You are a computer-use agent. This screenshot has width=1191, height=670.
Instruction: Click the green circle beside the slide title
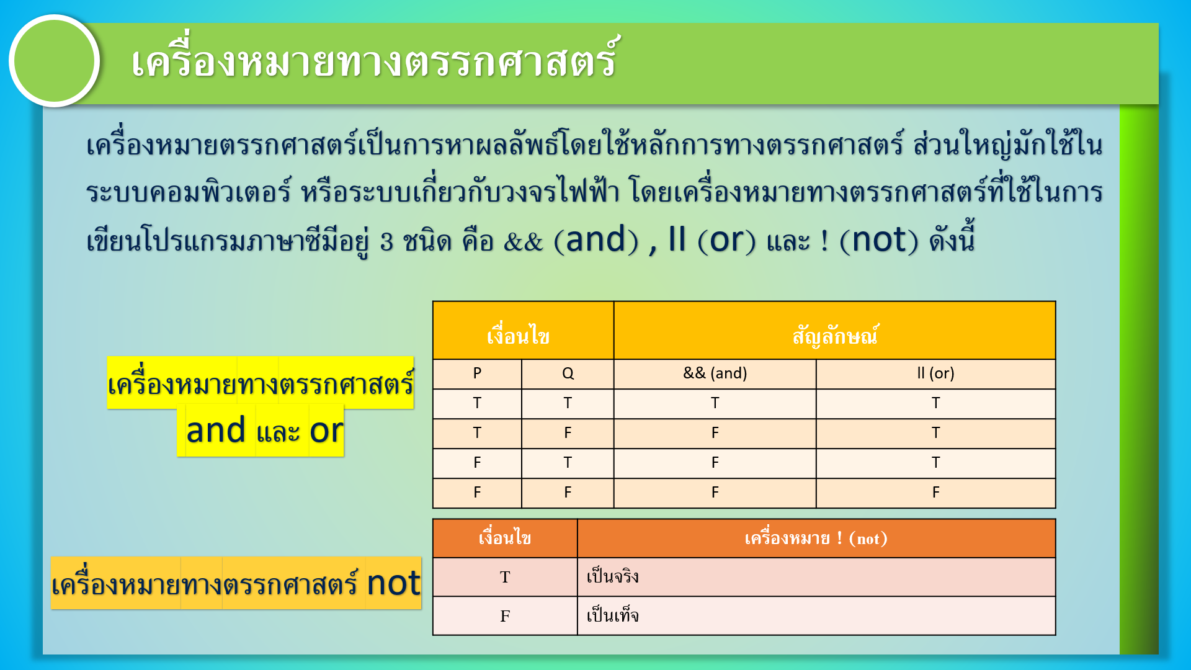[55, 61]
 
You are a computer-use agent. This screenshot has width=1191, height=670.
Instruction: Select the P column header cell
[477, 373]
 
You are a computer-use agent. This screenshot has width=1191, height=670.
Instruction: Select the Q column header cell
[568, 373]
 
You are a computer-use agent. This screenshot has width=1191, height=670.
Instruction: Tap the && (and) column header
[715, 373]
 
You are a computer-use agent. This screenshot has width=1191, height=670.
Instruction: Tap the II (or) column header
[935, 373]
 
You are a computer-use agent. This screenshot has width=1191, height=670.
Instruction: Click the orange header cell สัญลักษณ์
[835, 331]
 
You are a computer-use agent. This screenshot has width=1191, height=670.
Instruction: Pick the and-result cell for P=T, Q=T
[715, 403]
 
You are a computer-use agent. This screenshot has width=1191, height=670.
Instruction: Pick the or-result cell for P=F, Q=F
[935, 493]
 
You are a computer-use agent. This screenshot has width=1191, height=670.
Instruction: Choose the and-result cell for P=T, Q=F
[715, 433]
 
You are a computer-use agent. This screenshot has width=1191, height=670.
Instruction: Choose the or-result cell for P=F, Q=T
[935, 463]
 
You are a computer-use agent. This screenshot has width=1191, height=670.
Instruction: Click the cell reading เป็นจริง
[816, 577]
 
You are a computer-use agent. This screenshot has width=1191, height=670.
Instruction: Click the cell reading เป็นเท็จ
[816, 616]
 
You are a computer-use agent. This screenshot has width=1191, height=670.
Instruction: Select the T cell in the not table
[505, 577]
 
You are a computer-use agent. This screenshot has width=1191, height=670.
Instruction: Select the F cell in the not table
[505, 616]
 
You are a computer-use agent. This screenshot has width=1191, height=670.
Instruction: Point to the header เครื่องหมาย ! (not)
[816, 538]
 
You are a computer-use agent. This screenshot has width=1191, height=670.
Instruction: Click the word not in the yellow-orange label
[393, 583]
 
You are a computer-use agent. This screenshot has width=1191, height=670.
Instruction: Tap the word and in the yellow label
[216, 430]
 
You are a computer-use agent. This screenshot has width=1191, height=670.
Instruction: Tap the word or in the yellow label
[326, 431]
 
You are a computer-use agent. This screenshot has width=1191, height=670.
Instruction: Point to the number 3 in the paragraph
[386, 241]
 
